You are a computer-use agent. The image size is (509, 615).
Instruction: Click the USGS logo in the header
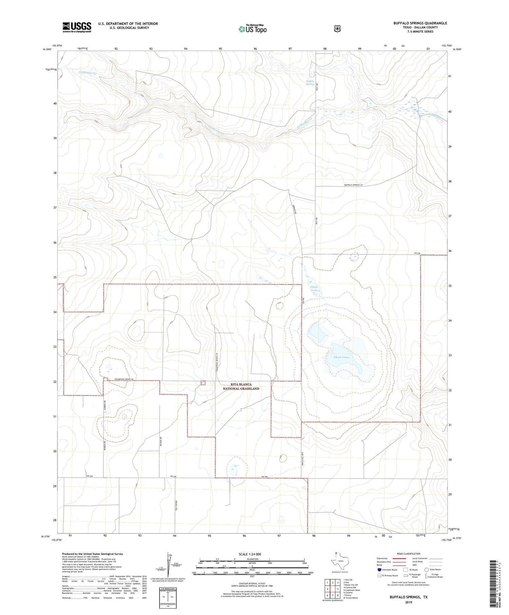tap(77, 27)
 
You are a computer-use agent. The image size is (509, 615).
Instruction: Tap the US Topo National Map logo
tap(252, 28)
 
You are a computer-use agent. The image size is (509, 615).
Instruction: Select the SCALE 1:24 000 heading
tap(250, 554)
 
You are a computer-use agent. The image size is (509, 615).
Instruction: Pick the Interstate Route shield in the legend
tap(379, 570)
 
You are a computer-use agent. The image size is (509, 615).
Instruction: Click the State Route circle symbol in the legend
tap(427, 570)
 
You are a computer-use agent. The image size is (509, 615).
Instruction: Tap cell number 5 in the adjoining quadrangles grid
tap(338, 589)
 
